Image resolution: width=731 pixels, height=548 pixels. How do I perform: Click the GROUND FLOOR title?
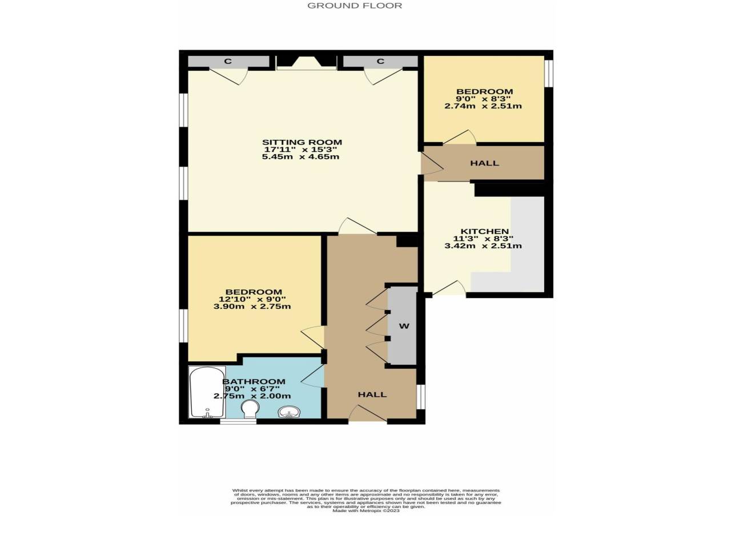pos(354,6)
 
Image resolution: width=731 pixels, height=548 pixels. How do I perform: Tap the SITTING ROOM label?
pos(302,142)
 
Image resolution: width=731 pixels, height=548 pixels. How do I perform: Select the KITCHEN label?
pos(484,231)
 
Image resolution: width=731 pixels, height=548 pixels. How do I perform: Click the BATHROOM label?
pos(254,382)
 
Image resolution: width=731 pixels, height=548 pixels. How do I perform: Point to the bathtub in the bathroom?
pos(207,392)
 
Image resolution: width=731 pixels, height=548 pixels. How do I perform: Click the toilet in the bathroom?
pos(250,409)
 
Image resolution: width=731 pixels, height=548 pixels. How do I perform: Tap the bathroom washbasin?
pos(290,412)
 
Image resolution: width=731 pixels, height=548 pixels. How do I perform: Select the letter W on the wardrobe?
pos(404,326)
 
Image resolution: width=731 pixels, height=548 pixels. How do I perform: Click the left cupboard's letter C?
pos(228,61)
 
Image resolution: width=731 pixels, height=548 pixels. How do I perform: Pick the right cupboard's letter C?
pos(381,61)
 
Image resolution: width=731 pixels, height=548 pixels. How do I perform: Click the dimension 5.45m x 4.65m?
pos(301,157)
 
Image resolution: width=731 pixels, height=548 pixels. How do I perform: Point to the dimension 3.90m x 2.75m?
pos(252,307)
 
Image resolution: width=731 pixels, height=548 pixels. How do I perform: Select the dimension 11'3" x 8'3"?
pos(483,239)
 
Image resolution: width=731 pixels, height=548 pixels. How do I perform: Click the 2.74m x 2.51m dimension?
pos(483,107)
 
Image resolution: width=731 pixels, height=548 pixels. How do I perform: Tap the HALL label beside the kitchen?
pos(484,163)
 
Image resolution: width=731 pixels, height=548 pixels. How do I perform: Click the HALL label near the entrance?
pos(372,394)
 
